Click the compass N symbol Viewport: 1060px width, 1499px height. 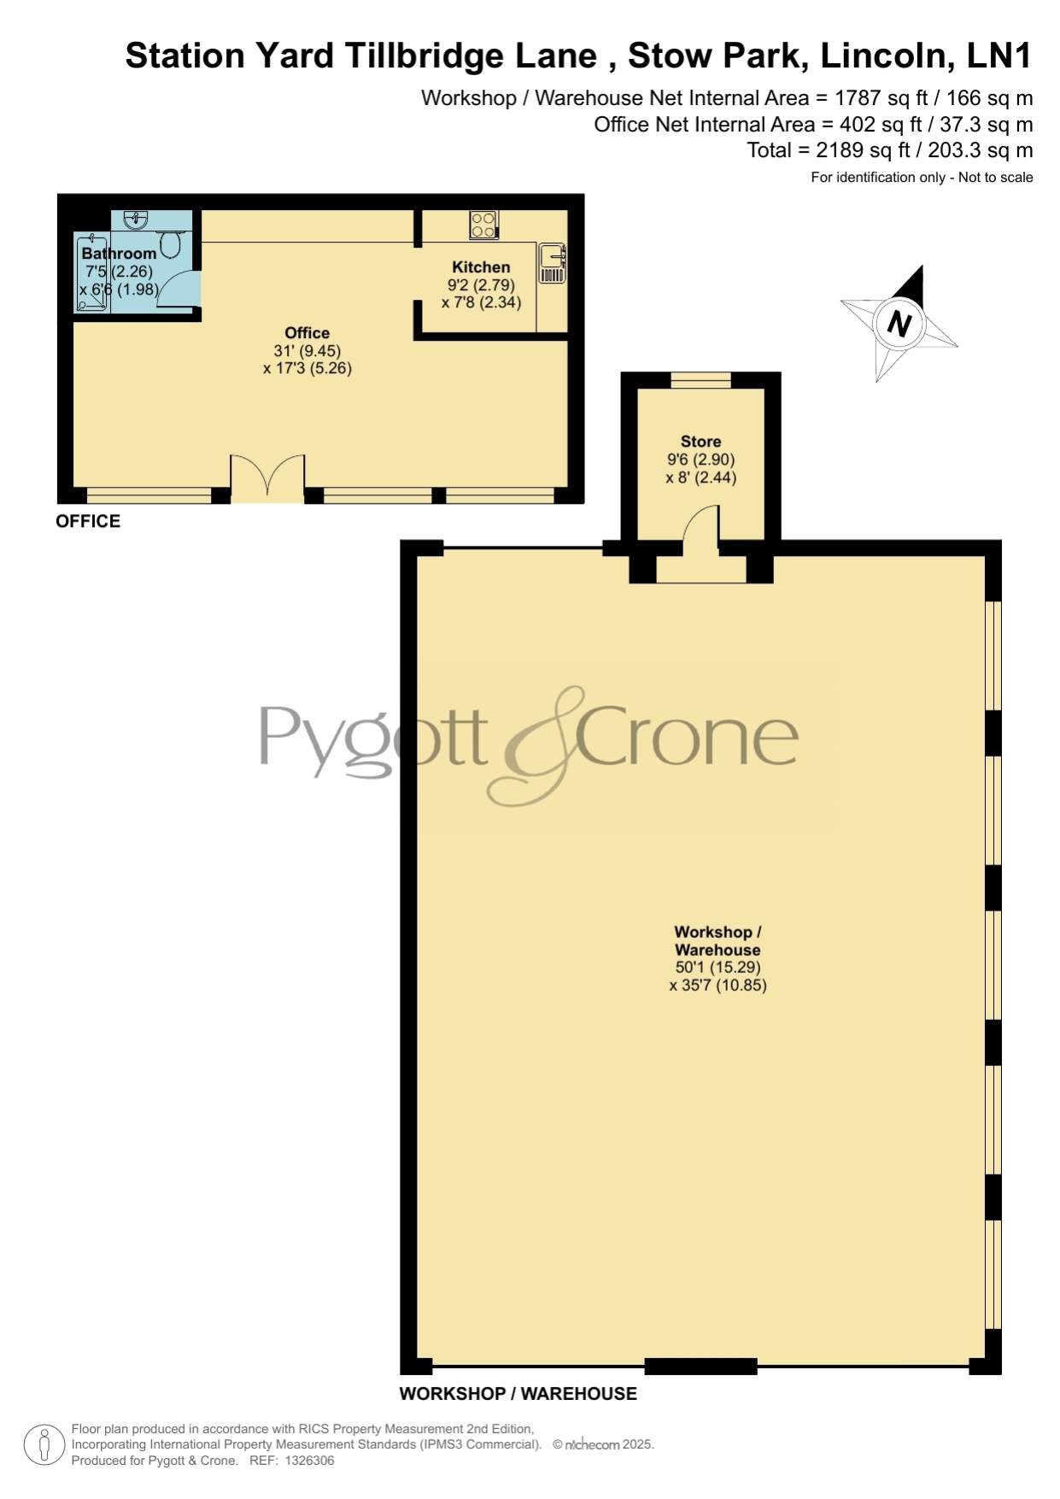click(899, 324)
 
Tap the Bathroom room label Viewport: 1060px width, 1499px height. click(119, 253)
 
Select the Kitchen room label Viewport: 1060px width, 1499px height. click(481, 266)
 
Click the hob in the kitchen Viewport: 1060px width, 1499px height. click(483, 225)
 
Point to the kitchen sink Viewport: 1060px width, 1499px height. click(552, 263)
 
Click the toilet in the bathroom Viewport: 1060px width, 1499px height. click(171, 244)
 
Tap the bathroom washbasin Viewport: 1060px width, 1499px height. click(135, 220)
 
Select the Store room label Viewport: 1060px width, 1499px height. click(700, 442)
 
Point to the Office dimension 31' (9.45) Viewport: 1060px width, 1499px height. click(307, 351)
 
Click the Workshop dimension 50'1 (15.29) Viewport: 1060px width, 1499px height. click(717, 968)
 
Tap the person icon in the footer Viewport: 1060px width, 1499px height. click(44, 1444)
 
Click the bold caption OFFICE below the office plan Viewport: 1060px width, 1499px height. click(88, 521)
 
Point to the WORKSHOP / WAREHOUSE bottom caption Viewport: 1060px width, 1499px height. click(518, 1394)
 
